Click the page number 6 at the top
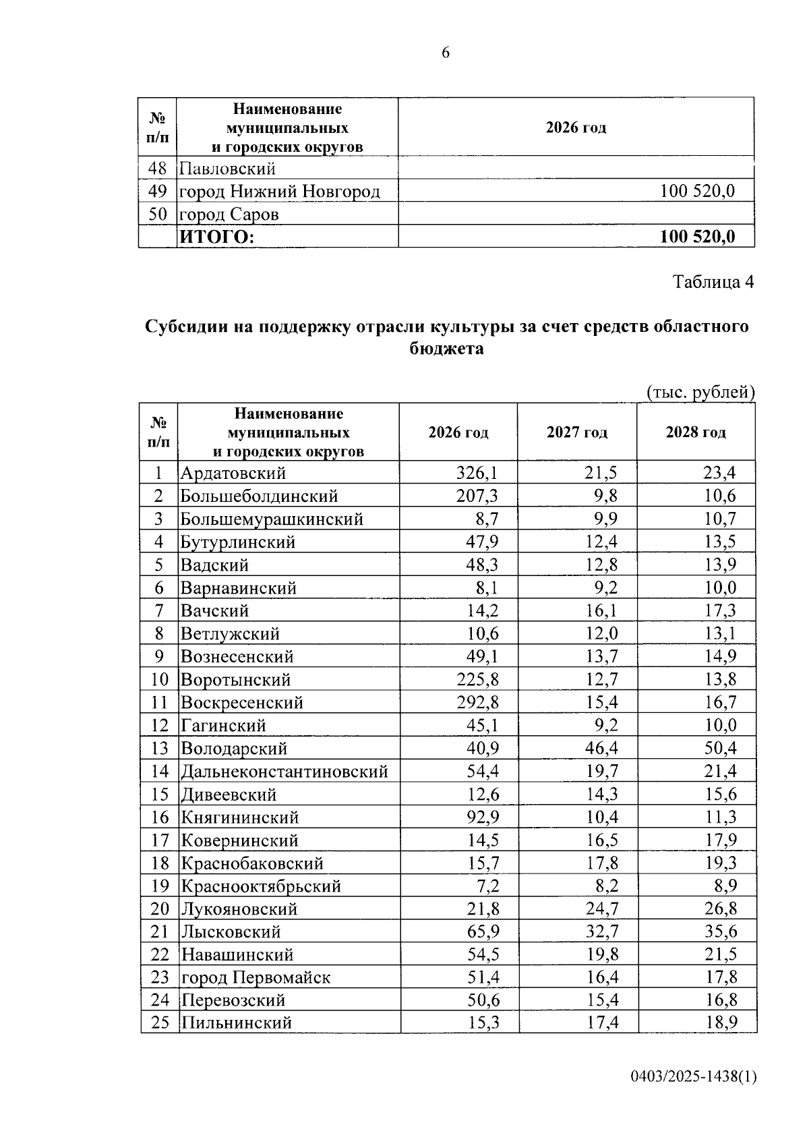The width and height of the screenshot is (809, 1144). coord(446,53)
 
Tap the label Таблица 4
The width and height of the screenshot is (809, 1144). coord(713,281)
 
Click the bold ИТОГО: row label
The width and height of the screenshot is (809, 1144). coord(216,237)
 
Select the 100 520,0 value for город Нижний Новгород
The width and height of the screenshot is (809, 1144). coord(697,191)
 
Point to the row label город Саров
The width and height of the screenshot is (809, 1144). coord(229,214)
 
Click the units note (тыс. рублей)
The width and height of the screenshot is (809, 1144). coord(700,392)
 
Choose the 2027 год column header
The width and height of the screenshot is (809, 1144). coord(577,432)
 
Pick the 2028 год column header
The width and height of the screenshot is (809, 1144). coord(696,432)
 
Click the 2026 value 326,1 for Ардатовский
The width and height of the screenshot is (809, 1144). coord(477,473)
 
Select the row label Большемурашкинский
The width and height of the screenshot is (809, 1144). coord(272,519)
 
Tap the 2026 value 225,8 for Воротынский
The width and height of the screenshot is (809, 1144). coord(477,679)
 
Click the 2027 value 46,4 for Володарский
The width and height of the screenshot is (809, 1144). coord(601,748)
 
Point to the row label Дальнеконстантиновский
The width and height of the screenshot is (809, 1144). coord(284,771)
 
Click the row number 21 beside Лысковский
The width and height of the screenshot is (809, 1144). coord(160,932)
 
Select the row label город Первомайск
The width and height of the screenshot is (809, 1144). coord(256,977)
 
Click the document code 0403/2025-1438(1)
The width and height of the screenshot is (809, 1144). coord(694,1077)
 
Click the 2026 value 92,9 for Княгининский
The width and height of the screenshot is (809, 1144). coord(483,817)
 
